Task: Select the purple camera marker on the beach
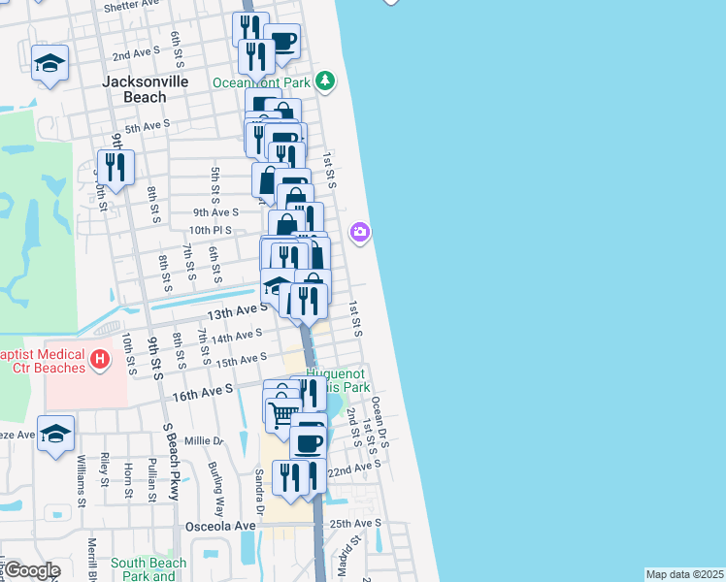coord(360,232)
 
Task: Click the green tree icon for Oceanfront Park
coord(328,80)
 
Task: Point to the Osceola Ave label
coord(220,526)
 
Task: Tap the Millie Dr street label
coord(205,440)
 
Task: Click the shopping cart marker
coord(282,414)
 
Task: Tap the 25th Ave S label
coord(355,524)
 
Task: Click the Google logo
coord(31,570)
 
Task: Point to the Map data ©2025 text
coord(684,574)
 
